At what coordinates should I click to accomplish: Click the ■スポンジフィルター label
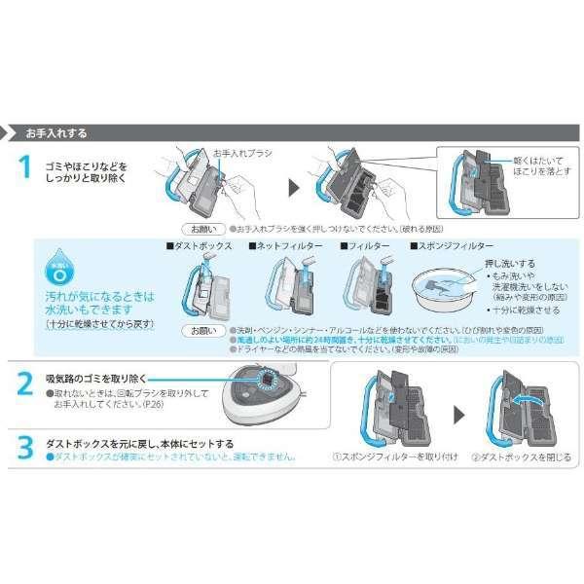452,246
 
